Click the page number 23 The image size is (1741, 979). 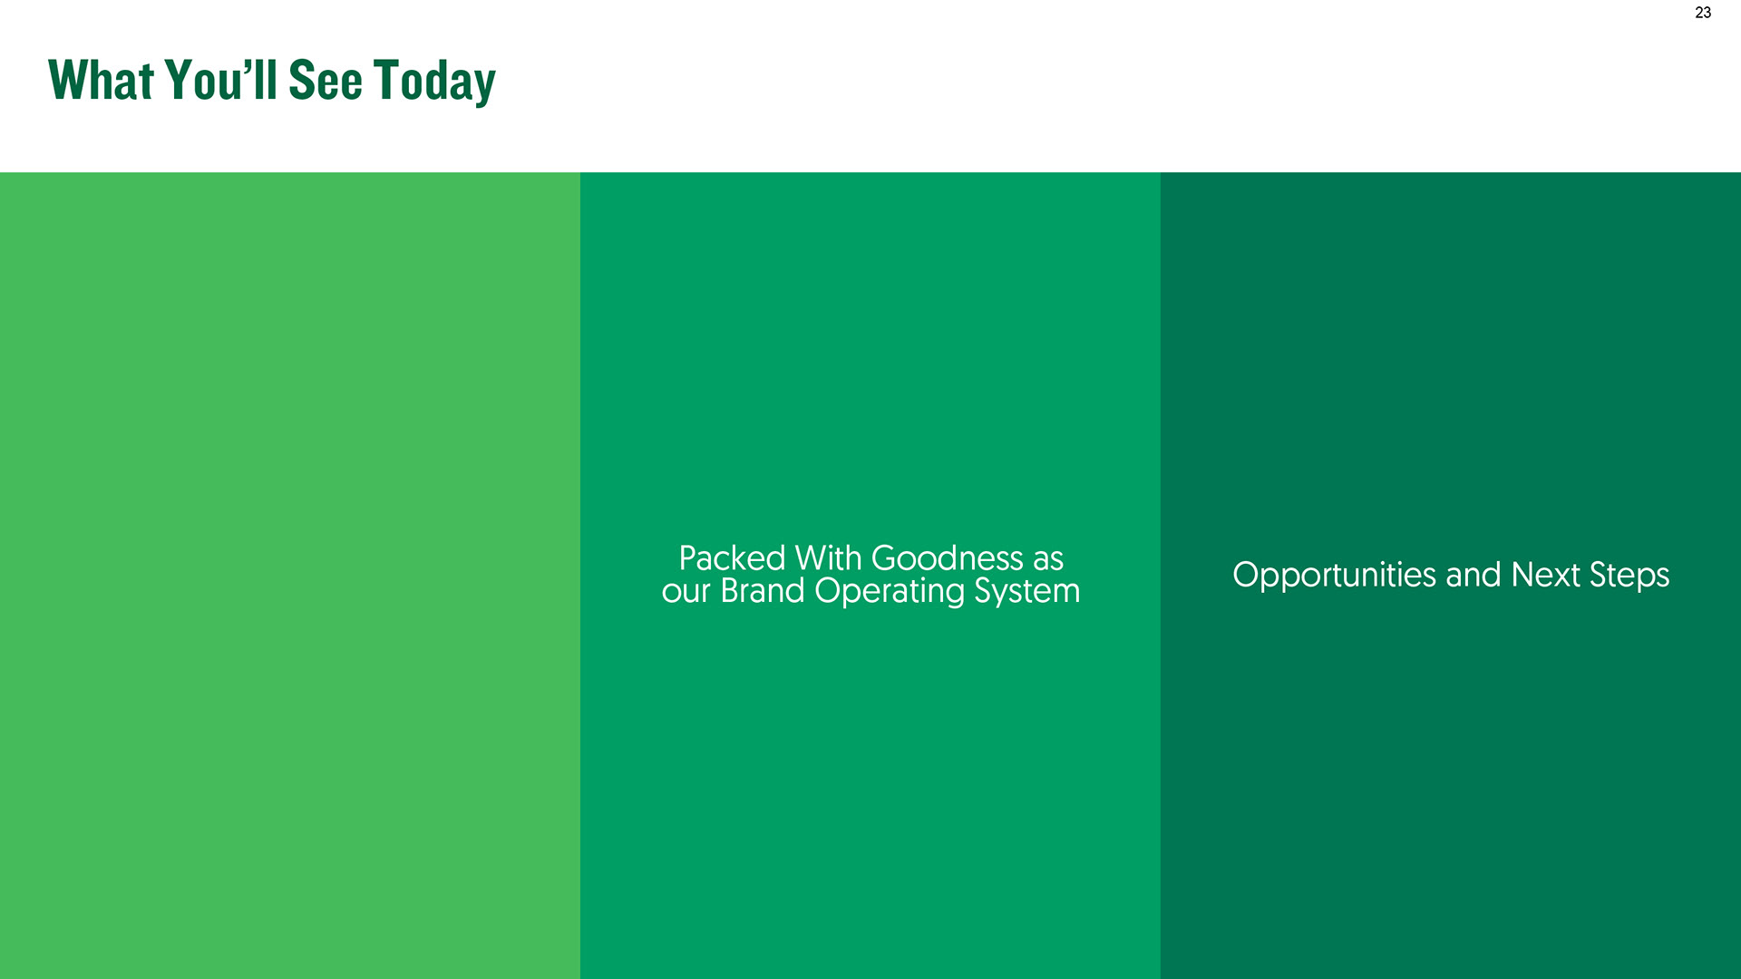click(x=1703, y=13)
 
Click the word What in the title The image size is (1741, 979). click(x=102, y=80)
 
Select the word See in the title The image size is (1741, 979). click(x=326, y=80)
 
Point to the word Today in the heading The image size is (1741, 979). click(x=435, y=82)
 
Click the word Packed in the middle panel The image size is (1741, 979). click(x=732, y=558)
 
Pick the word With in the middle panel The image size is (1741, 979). click(x=828, y=558)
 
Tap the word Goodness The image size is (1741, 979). click(x=948, y=558)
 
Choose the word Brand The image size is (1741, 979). click(x=763, y=591)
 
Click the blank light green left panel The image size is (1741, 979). click(x=290, y=576)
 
